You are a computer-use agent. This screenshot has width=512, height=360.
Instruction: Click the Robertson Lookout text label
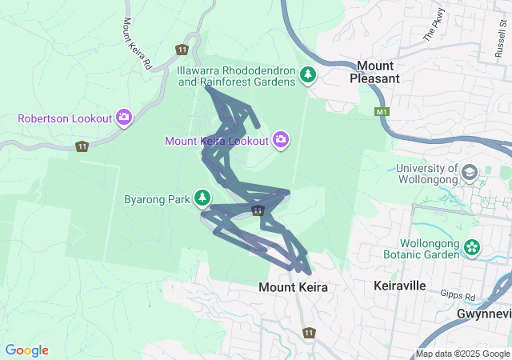[x=65, y=118]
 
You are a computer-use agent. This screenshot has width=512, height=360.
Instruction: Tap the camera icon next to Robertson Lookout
[x=124, y=118]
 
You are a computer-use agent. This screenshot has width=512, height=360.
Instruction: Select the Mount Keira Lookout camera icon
[x=281, y=140]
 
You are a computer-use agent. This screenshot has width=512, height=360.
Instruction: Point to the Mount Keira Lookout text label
[x=216, y=141]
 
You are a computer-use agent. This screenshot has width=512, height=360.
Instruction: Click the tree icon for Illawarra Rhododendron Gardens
[x=308, y=75]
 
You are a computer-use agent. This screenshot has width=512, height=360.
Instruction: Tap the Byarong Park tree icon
[x=203, y=198]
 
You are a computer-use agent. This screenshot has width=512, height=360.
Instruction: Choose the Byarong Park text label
[x=157, y=198]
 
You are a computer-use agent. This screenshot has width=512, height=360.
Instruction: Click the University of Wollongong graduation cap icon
[x=469, y=172]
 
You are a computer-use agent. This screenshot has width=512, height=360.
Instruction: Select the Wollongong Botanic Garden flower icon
[x=472, y=248]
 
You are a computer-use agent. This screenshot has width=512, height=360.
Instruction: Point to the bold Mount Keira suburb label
[x=293, y=286]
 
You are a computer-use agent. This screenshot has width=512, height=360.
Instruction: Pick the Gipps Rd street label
[x=459, y=297]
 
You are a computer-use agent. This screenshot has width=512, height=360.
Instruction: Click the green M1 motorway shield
[x=381, y=112]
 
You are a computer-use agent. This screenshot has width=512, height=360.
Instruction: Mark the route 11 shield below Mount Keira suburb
[x=309, y=332]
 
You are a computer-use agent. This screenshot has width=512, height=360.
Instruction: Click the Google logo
[x=27, y=350]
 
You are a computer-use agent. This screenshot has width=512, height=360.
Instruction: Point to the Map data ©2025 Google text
[x=462, y=354]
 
